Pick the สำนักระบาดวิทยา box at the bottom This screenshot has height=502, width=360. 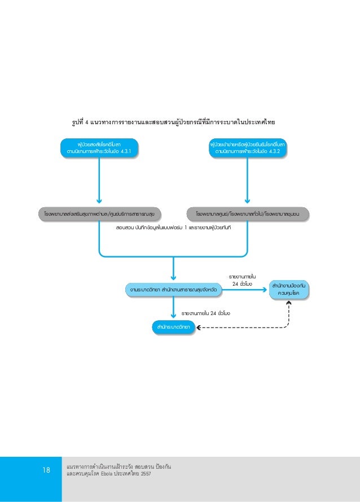174,326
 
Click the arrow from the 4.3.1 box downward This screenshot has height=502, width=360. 99,181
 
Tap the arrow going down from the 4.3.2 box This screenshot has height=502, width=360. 247,181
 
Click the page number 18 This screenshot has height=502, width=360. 46,470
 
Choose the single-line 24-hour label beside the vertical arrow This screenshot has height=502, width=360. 205,312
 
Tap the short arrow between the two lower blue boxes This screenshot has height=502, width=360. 174,308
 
